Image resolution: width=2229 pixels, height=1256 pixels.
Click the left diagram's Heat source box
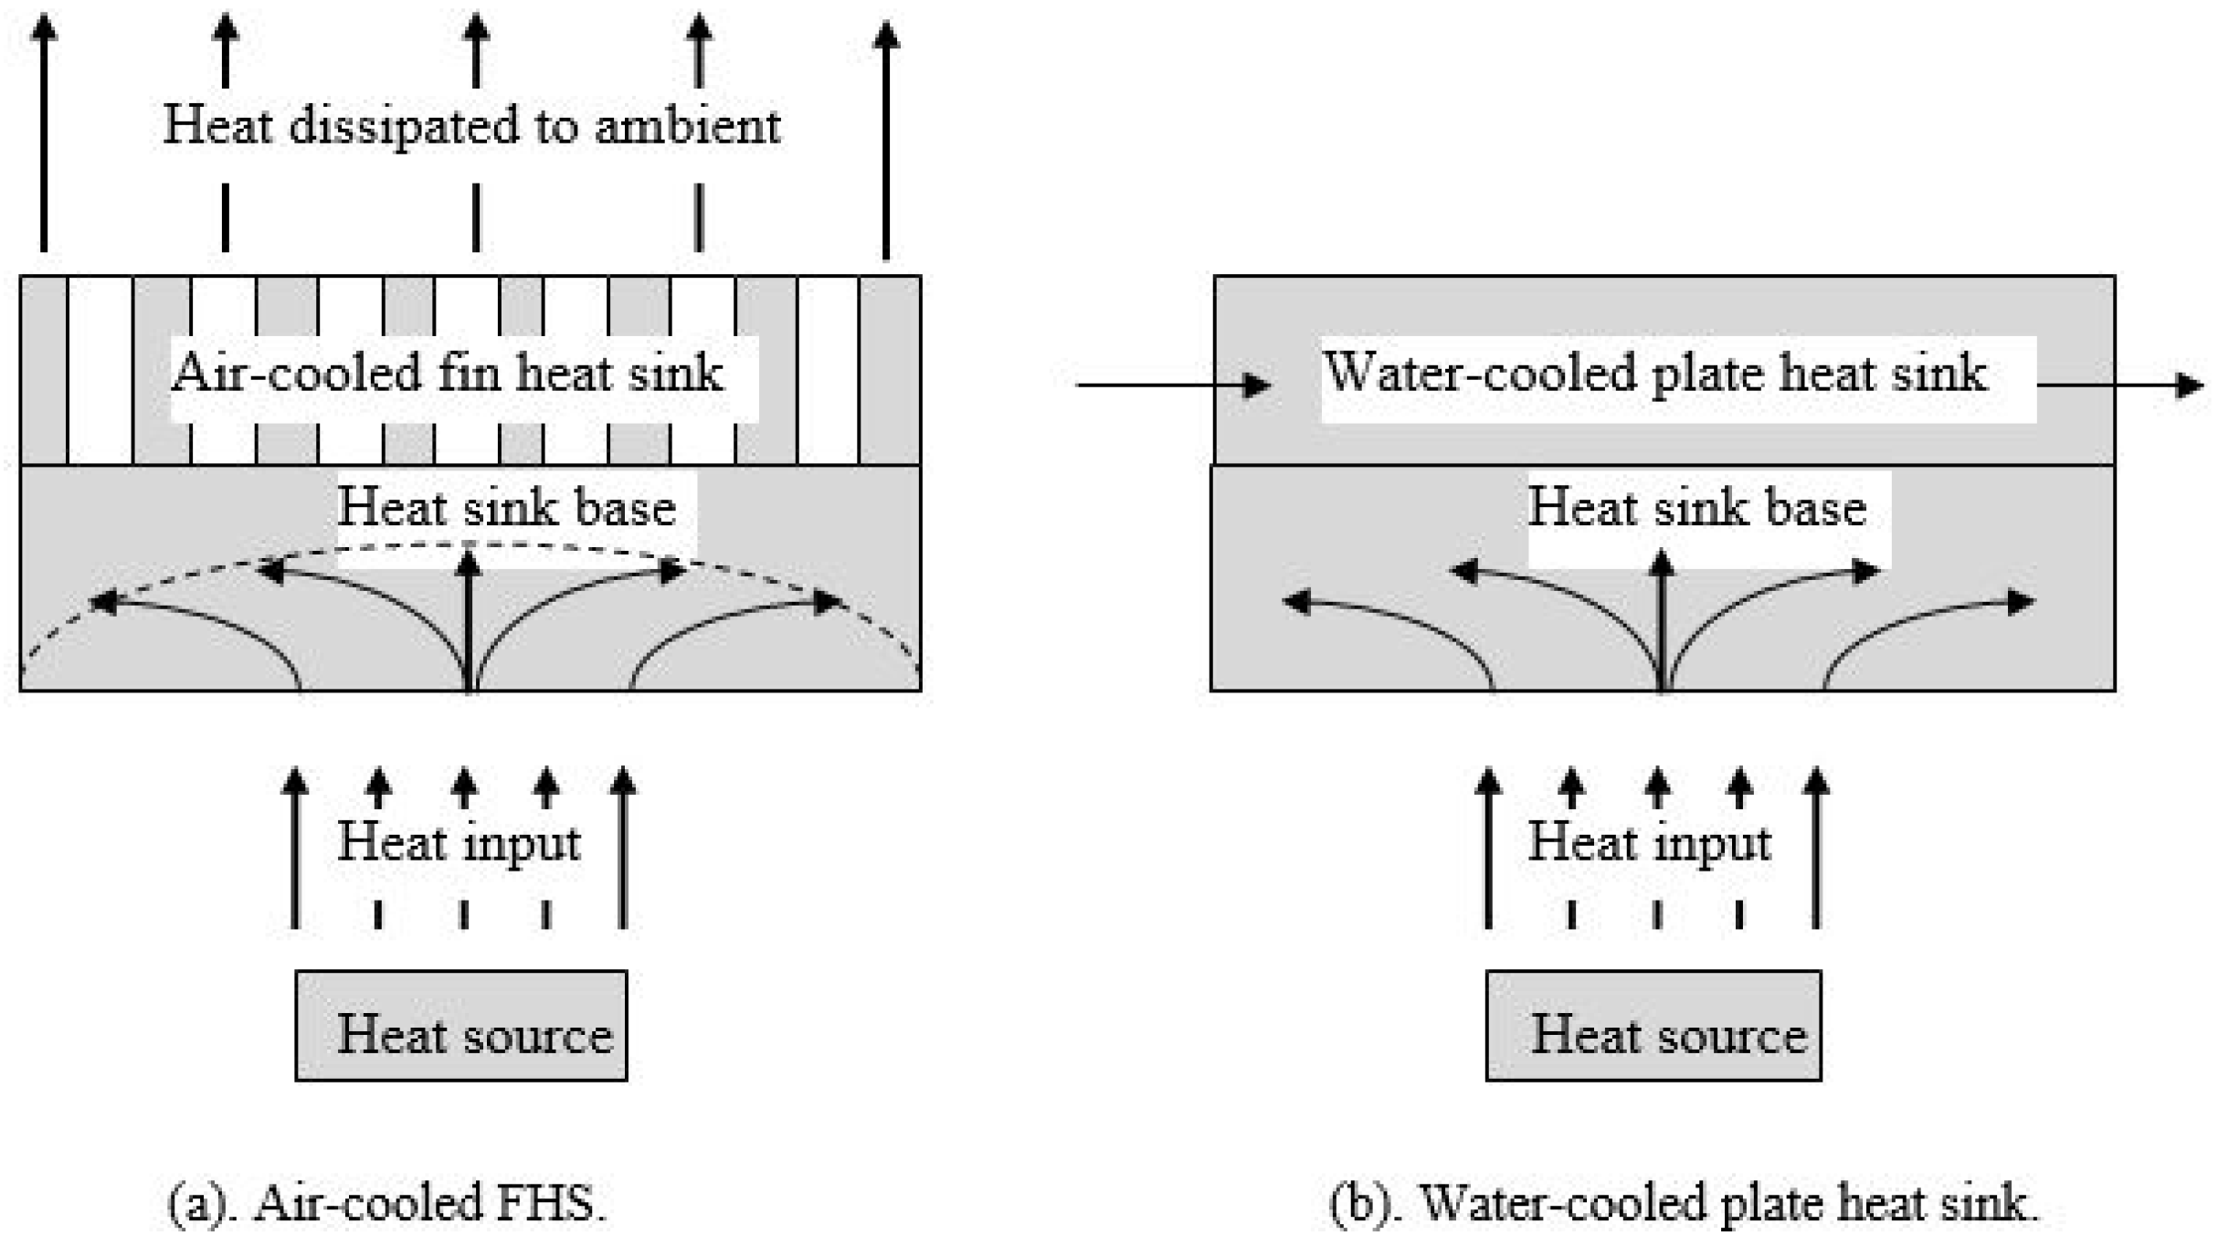point(460,1026)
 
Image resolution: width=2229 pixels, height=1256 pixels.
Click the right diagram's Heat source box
point(1653,1026)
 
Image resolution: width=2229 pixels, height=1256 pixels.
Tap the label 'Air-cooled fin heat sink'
point(448,373)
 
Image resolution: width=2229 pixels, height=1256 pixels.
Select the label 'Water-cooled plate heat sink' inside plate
point(1655,373)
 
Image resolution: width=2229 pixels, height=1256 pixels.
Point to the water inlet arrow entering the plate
point(1174,385)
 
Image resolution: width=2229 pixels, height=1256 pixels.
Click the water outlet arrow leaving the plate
point(2119,385)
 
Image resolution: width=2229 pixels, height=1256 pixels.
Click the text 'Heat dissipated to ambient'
point(471,125)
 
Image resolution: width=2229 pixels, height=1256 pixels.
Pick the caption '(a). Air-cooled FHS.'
point(387,1202)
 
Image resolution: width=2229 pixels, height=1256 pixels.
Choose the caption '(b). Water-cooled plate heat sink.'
point(1684,1202)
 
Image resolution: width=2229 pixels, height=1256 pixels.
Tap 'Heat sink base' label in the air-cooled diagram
point(507,507)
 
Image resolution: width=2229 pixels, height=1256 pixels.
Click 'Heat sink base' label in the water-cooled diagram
point(1697,507)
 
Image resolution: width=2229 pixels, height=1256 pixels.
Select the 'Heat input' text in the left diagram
point(459,841)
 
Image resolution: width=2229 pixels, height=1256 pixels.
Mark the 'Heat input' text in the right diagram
point(1650,841)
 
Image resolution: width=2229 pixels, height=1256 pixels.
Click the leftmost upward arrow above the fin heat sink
point(44,137)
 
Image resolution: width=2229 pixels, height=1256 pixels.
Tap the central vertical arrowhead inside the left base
point(469,559)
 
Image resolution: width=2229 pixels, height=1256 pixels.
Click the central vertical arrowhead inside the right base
point(1662,561)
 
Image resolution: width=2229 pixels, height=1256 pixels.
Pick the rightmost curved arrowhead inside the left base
point(828,601)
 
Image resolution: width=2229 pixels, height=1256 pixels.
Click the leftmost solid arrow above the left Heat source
point(294,850)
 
